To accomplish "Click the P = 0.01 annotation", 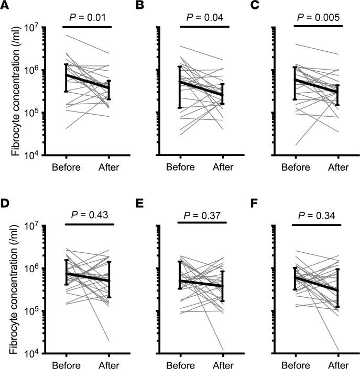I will [88, 18].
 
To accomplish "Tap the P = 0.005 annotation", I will [317, 18].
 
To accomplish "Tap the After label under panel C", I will [339, 167].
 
